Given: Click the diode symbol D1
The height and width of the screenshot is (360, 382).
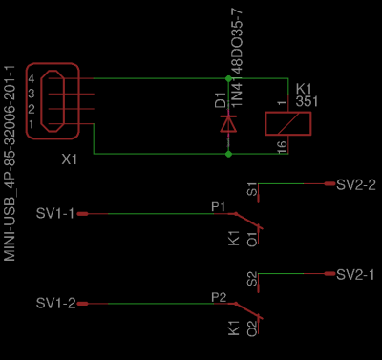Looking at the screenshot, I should [227, 122].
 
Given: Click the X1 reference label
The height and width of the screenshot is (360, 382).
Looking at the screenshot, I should [68, 161].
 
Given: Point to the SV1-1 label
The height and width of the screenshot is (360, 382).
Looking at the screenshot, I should [55, 212].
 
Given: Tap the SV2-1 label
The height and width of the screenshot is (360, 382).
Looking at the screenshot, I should [356, 274].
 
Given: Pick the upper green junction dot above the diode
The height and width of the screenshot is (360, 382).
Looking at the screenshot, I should [227, 77].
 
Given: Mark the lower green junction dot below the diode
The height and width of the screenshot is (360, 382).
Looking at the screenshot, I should [227, 153].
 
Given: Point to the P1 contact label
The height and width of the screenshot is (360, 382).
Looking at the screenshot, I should [217, 206].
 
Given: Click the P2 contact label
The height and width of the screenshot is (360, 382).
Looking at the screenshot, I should [217, 297].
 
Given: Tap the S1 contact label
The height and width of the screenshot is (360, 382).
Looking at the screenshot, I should [251, 189].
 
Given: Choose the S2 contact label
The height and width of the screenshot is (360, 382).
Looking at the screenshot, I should [251, 280].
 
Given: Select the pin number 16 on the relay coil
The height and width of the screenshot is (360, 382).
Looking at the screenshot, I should [282, 146].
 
